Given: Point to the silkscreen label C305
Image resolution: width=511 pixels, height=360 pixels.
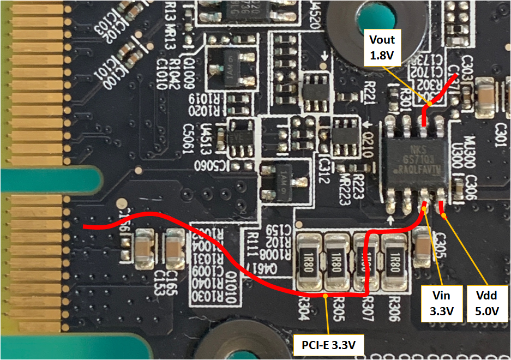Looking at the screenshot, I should (441, 240).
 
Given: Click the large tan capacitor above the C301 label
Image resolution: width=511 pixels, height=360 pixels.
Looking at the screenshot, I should (494, 98).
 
